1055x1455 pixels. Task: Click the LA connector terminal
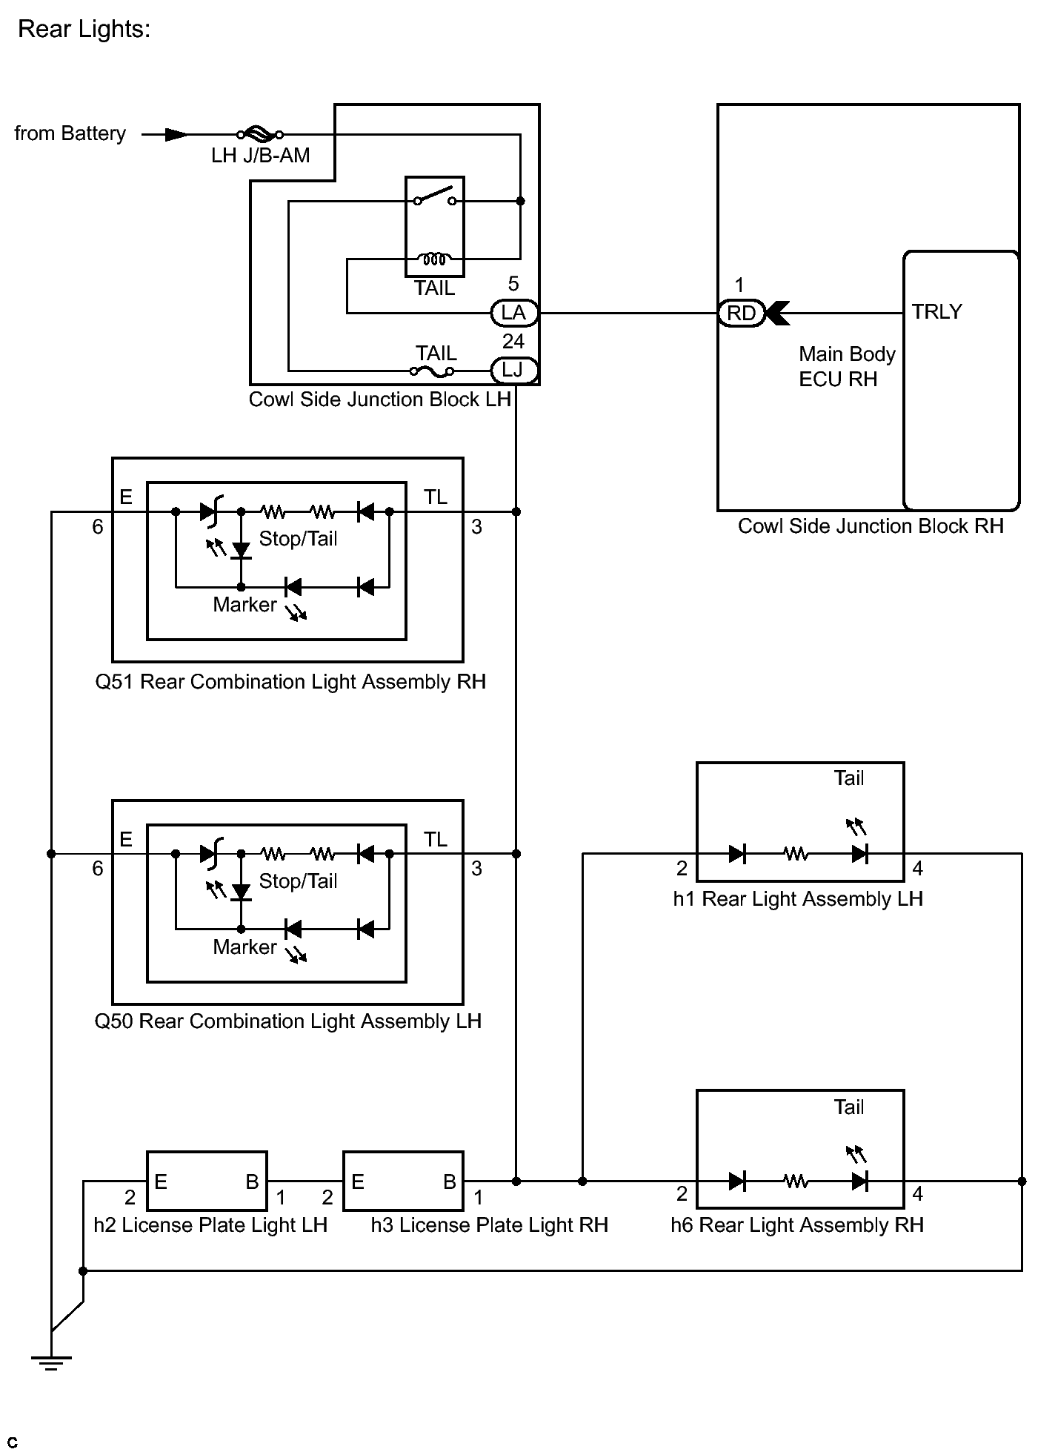(514, 313)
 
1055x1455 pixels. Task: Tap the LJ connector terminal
(514, 370)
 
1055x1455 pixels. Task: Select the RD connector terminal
(741, 313)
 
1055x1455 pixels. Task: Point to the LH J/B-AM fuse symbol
(259, 134)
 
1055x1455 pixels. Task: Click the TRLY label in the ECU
(936, 311)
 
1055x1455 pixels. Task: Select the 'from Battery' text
(70, 133)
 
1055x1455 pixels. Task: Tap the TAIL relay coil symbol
(434, 259)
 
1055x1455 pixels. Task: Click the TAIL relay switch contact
(435, 196)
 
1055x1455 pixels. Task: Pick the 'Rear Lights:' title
(84, 29)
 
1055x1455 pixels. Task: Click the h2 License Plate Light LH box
(207, 1181)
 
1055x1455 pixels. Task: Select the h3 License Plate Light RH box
(404, 1181)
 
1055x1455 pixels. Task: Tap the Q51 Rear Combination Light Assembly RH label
(290, 682)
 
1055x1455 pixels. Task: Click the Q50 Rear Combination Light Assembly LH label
(288, 1021)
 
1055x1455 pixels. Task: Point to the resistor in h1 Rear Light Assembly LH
(796, 854)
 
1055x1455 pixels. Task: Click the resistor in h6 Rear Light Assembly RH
(796, 1181)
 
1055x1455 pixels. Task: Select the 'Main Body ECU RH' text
(847, 366)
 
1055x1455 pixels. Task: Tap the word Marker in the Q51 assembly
(244, 605)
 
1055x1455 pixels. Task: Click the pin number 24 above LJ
(513, 341)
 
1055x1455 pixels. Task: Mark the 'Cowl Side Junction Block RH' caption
(871, 526)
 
